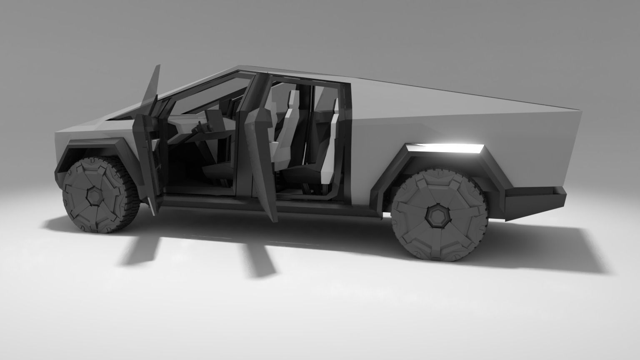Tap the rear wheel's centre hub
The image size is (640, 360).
click(x=437, y=216)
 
